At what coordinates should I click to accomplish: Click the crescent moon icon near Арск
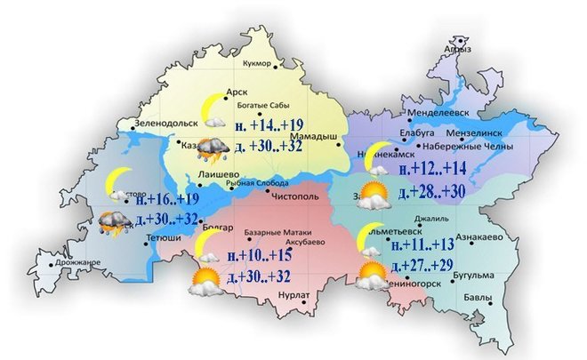point(213,108)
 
